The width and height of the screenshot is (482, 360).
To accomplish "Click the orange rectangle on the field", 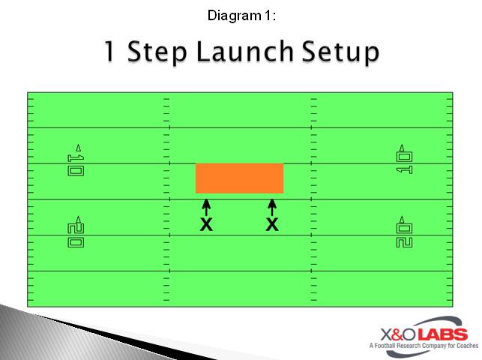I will click(239, 178).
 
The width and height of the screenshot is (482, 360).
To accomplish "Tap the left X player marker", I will click(206, 223).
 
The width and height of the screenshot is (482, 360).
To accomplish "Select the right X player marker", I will click(272, 223).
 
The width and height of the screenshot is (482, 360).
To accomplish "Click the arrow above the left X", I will click(206, 206).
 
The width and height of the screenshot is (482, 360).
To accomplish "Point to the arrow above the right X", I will click(272, 206).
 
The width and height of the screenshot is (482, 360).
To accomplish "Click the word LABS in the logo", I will click(442, 334).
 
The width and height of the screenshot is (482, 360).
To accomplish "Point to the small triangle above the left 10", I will click(78, 147).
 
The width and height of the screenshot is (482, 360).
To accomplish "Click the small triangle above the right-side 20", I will click(403, 219).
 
